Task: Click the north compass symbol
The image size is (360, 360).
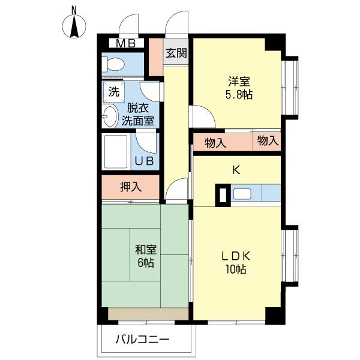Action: [x=74, y=25]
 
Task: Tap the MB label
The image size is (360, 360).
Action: [x=125, y=43]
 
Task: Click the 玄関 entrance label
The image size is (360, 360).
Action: [x=176, y=53]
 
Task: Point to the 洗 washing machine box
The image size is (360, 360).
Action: [x=113, y=92]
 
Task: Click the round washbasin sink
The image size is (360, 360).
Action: [x=110, y=116]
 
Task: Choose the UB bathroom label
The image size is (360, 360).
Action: [x=144, y=161]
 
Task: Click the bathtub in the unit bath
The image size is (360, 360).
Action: [x=116, y=152]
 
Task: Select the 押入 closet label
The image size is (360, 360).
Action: [x=130, y=187]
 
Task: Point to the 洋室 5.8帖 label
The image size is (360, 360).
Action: [x=238, y=88]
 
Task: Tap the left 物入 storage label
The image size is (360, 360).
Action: [x=215, y=143]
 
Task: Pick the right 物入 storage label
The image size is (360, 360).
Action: [x=268, y=141]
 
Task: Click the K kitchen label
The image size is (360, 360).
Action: [x=236, y=170]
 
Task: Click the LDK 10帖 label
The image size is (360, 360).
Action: [x=236, y=262]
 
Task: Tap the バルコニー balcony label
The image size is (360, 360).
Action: [x=143, y=340]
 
